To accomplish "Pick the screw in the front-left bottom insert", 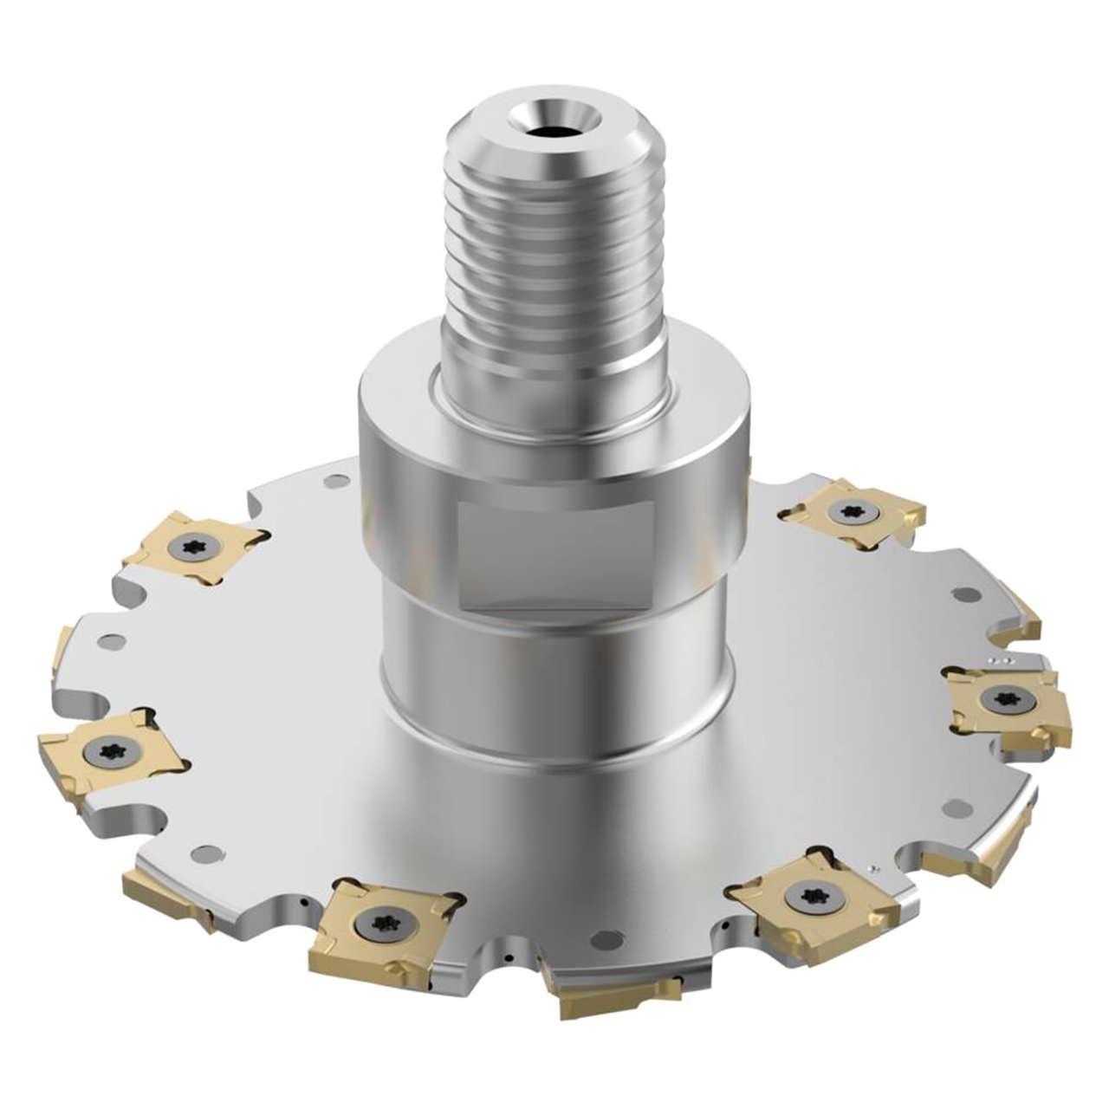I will tap(383, 920).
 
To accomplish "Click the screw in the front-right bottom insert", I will tap(810, 894).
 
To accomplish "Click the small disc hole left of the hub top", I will tap(331, 483).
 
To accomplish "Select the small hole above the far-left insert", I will tap(108, 642).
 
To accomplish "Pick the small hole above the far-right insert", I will tap(961, 594).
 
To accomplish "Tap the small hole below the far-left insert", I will tap(205, 853).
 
